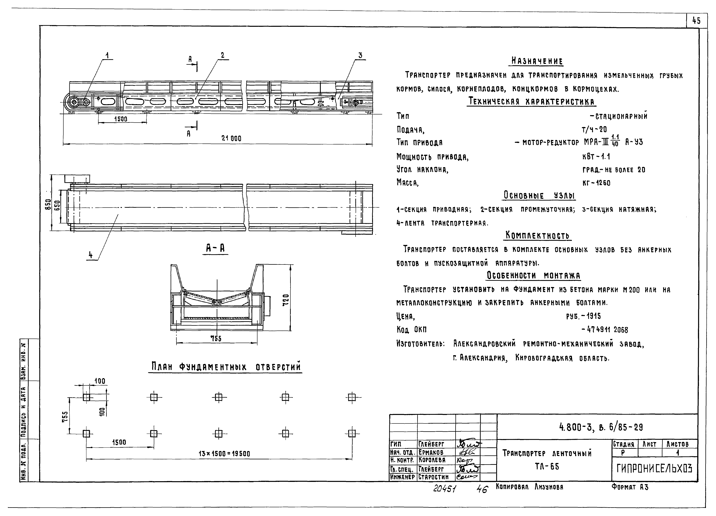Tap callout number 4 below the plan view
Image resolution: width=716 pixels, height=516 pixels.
[91, 255]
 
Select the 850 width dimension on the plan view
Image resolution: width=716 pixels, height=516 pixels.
[48, 206]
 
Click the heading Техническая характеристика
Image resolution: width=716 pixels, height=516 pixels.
[531, 102]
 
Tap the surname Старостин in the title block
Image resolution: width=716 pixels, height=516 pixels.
[433, 477]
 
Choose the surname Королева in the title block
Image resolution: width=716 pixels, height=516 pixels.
[432, 460]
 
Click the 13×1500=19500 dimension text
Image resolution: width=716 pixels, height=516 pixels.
[224, 454]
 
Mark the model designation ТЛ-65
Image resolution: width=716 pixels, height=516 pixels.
[547, 466]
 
